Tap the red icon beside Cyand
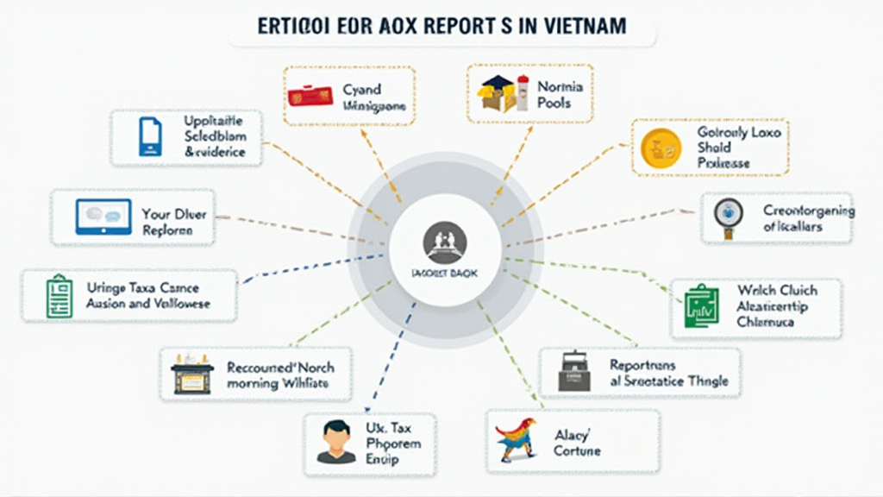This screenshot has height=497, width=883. pos(311,96)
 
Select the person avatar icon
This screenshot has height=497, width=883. pos(335,441)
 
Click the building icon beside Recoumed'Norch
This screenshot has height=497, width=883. pos(191,374)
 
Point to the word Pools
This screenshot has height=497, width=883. pos(554,103)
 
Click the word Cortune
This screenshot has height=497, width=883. pos(577,450)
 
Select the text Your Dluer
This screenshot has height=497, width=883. pos(173,213)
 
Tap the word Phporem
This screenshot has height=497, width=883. pos(393,444)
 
